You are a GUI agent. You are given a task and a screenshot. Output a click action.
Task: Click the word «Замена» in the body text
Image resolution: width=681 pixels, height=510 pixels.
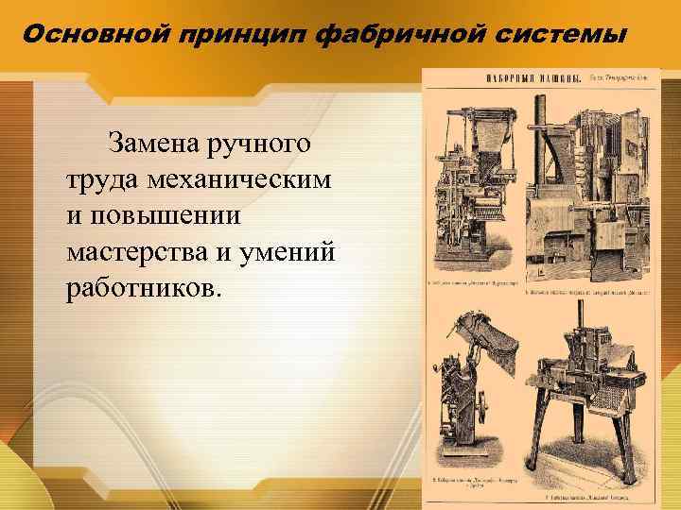pos(154,144)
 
